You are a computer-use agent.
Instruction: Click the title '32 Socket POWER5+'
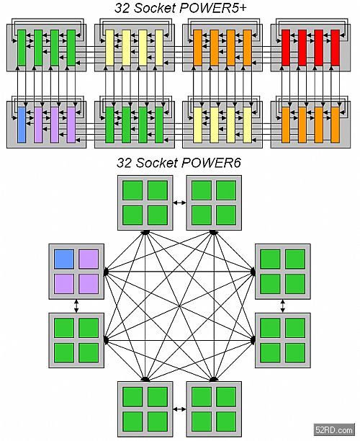181,8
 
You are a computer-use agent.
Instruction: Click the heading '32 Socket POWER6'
179,163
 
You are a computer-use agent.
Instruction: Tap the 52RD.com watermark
334,430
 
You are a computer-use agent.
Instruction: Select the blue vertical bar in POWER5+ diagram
22,125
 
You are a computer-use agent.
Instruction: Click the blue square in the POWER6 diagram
64,259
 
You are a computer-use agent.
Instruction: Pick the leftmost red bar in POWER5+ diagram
286,48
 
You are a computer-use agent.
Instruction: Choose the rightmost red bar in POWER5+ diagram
336,48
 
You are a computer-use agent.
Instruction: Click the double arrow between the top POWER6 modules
179,202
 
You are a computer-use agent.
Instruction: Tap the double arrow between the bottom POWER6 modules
179,409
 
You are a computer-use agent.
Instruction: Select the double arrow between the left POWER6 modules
76,306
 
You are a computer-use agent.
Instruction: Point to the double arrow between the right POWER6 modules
283,306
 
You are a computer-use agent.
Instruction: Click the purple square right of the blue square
89,259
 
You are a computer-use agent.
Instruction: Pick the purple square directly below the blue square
64,284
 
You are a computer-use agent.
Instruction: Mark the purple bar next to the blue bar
38,125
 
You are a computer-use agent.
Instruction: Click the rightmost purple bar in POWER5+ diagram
71,125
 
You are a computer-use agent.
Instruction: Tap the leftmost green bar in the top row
22,48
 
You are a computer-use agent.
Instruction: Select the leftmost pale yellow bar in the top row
110,48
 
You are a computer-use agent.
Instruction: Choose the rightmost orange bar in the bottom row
336,125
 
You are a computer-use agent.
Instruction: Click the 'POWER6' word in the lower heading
212,163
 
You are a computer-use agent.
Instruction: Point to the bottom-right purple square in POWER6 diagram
89,284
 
